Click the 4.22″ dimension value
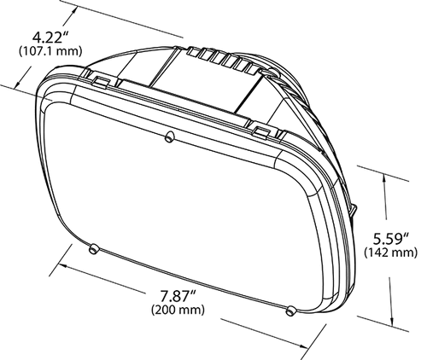coord(51,38)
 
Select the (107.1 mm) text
coord(50,51)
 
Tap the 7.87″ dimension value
coord(178,296)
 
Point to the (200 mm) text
coord(178,310)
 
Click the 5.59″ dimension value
coord(391,239)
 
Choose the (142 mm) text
coord(391,253)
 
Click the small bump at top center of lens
coord(169,136)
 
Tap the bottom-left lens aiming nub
coord(93,249)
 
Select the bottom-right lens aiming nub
coord(291,311)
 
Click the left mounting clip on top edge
coord(101,81)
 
